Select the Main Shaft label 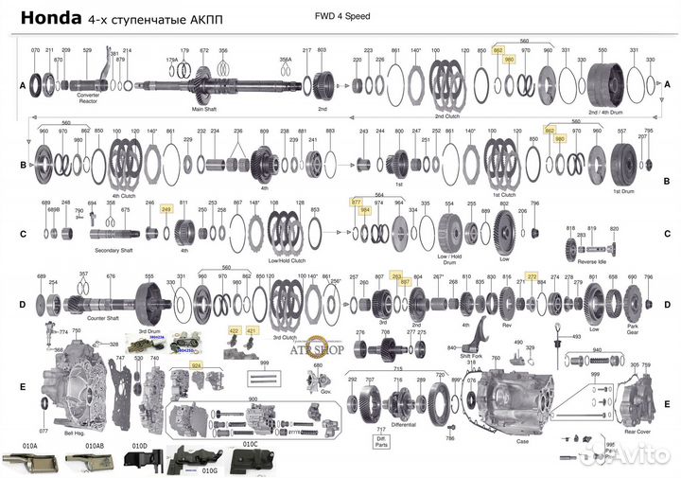(205, 109)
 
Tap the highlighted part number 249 (166, 210)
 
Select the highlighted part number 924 (197, 364)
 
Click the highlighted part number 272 (532, 276)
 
